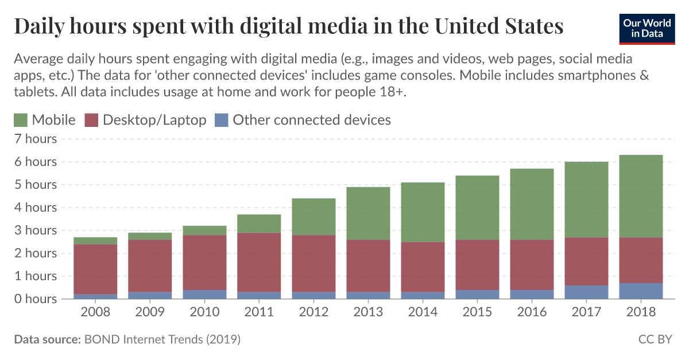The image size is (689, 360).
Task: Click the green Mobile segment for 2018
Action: tap(641, 196)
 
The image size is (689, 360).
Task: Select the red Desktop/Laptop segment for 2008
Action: tap(95, 269)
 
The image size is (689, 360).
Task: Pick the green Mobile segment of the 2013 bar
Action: tap(368, 213)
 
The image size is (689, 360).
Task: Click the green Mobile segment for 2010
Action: tap(204, 230)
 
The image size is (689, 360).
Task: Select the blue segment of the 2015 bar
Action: tap(477, 294)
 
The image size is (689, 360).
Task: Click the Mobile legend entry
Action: tap(45, 120)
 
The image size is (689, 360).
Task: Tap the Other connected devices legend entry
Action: tap(303, 120)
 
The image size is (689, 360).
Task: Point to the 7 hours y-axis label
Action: tap(36, 139)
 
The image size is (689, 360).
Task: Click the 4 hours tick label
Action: tap(36, 207)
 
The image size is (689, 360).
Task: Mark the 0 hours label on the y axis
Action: tap(36, 299)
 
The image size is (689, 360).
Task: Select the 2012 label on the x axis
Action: tap(313, 312)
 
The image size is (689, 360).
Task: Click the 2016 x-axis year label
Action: tap(532, 312)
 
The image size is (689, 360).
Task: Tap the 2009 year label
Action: tap(150, 312)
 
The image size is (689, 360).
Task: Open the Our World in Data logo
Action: tap(647, 27)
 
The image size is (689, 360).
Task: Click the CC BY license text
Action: tap(655, 339)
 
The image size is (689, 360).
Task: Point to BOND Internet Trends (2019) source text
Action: tap(162, 339)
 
